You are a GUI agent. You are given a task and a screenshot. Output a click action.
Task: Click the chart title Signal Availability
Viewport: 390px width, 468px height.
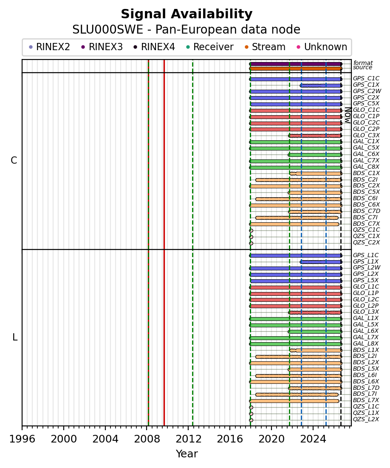187,14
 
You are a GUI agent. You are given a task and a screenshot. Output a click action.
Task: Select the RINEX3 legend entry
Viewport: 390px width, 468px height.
102,47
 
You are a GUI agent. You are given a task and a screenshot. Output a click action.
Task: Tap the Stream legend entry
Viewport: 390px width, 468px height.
265,47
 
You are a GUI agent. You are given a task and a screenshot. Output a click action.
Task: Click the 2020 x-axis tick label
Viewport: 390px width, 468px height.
271,439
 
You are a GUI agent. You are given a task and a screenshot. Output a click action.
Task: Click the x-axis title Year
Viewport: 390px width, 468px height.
187,454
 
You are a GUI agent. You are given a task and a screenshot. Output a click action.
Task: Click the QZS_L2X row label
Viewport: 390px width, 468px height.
366,420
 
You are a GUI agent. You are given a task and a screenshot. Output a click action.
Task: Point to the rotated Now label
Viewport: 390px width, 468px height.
348,115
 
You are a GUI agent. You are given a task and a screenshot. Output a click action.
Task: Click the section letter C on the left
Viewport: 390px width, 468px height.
14,161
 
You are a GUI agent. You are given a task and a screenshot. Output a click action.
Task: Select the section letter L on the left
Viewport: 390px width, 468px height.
14,338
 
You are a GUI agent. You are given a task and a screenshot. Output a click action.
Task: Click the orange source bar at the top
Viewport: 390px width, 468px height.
296,68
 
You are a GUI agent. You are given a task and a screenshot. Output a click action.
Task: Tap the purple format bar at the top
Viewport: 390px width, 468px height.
296,64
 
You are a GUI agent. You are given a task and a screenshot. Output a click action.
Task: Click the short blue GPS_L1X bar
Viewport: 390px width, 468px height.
321,262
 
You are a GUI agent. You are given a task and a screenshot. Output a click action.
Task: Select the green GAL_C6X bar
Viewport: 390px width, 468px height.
315,155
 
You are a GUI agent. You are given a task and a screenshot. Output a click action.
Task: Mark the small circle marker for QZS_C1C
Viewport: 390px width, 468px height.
251,230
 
